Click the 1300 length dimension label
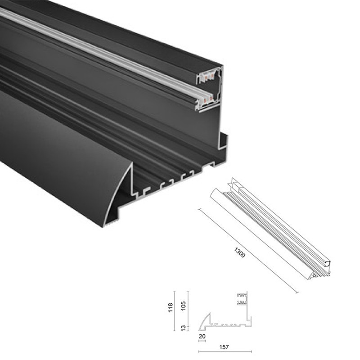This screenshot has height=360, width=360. pyautogui.click(x=239, y=252)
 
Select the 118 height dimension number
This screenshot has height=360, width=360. pyautogui.click(x=171, y=307)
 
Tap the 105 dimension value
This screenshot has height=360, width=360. pyautogui.click(x=184, y=306)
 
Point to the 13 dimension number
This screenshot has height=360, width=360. pyautogui.click(x=183, y=328)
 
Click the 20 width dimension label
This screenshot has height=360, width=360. pyautogui.click(x=202, y=336)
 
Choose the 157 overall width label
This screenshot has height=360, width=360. pyautogui.click(x=224, y=347)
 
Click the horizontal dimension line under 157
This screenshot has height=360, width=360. pyautogui.click(x=225, y=351)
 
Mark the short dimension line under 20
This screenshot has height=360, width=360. pyautogui.click(x=202, y=341)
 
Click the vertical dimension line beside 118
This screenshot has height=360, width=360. pyautogui.click(x=175, y=311)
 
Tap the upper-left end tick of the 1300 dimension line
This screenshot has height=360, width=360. pyautogui.click(x=199, y=209)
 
